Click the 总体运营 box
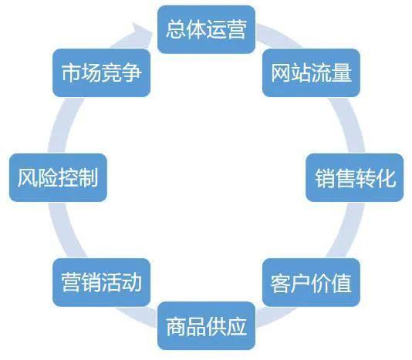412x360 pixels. tap(206, 29)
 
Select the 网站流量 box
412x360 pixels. tap(311, 72)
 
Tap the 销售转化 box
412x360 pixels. tap(355, 178)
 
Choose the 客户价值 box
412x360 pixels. tap(311, 283)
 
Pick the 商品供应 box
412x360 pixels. tap(206, 326)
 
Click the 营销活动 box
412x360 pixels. tap(101, 283)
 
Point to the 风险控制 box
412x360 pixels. tap(58, 178)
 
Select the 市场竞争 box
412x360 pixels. tap(101, 72)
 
